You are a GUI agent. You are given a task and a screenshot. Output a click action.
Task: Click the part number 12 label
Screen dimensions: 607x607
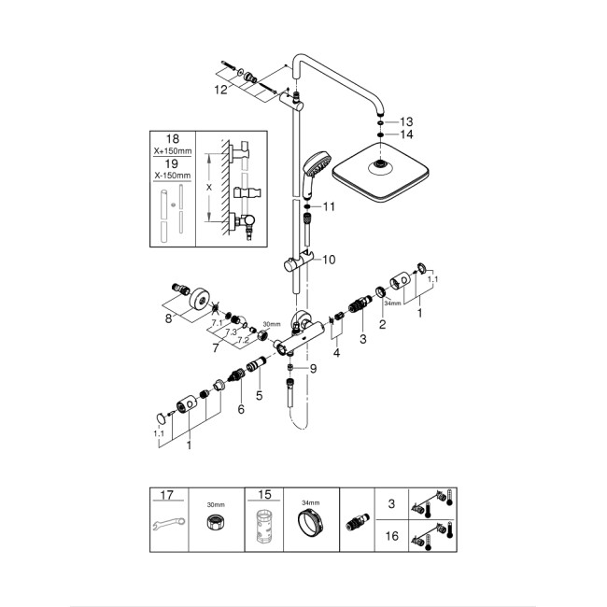coord(219,90)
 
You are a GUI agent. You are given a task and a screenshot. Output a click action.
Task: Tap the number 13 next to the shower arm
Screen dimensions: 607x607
coord(404,122)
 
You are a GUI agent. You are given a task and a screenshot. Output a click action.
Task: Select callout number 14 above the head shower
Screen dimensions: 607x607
coord(404,135)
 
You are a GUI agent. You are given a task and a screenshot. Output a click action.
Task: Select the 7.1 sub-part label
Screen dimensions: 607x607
coord(216,323)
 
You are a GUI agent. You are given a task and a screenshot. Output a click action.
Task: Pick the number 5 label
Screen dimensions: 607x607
coord(261,395)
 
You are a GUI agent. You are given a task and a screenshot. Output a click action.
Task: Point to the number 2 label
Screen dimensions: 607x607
coord(381,325)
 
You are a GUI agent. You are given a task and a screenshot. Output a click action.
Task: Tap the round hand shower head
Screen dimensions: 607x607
coord(317,167)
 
